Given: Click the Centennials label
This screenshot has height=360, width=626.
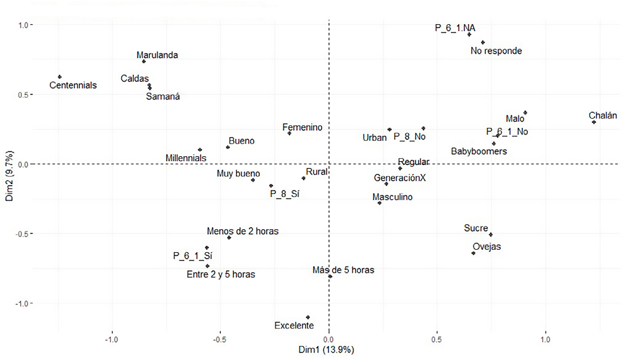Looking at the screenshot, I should tap(73, 85).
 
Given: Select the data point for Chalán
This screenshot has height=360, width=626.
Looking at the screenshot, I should tap(594, 122).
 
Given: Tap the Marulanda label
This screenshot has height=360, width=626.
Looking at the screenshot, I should tap(157, 55).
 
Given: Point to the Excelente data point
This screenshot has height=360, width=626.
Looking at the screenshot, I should tap(308, 317).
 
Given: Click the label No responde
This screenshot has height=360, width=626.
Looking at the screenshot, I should tap(496, 51).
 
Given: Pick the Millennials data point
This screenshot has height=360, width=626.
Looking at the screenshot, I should tap(200, 150).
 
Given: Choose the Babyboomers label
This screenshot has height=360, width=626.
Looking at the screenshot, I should tap(479, 151).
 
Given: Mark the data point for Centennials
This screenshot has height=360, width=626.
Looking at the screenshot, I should tap(60, 77).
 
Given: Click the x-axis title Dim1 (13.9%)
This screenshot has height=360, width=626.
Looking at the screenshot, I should tap(326, 350).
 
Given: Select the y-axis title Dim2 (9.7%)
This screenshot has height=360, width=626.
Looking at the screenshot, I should tap(9, 176).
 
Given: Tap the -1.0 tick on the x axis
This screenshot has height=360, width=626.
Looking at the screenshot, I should tap(111, 339).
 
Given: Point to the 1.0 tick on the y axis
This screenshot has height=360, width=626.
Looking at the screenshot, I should tap(23, 25).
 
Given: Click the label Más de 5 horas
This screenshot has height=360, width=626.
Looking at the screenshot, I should tap(343, 270).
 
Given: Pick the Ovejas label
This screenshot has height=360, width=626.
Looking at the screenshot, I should tap(487, 246).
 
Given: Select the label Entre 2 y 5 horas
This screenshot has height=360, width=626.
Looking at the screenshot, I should tap(221, 274).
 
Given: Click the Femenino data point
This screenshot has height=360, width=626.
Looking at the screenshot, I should tap(289, 133).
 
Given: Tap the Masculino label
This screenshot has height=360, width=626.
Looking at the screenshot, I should tap(392, 197).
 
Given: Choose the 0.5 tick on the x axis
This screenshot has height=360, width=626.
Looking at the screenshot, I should tap(436, 339).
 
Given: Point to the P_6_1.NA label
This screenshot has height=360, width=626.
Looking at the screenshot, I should tap(455, 28).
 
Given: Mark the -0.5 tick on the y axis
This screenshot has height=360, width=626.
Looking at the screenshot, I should tap(22, 234).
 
